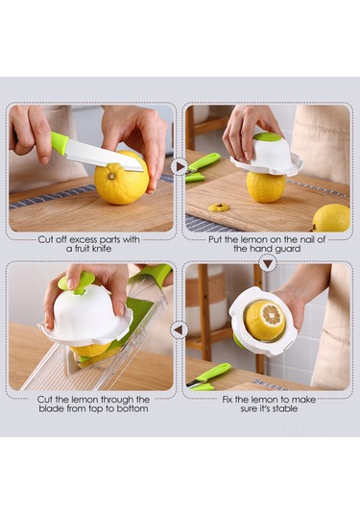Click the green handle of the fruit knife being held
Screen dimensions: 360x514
(x=60, y=143)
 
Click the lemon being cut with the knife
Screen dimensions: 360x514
(x=122, y=179)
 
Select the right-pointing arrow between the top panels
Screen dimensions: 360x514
(x=180, y=167)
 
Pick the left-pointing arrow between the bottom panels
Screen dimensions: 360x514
(x=179, y=330)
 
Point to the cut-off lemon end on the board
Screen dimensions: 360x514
(x=220, y=208)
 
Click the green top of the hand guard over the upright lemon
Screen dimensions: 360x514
(x=267, y=137)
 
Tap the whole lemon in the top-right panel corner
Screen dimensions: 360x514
(x=331, y=218)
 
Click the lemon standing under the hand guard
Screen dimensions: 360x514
(x=266, y=185)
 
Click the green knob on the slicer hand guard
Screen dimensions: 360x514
(x=77, y=282)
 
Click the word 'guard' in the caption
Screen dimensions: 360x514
(x=287, y=249)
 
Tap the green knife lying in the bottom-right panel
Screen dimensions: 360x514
(x=208, y=377)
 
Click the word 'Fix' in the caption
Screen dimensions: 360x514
(x=228, y=400)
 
